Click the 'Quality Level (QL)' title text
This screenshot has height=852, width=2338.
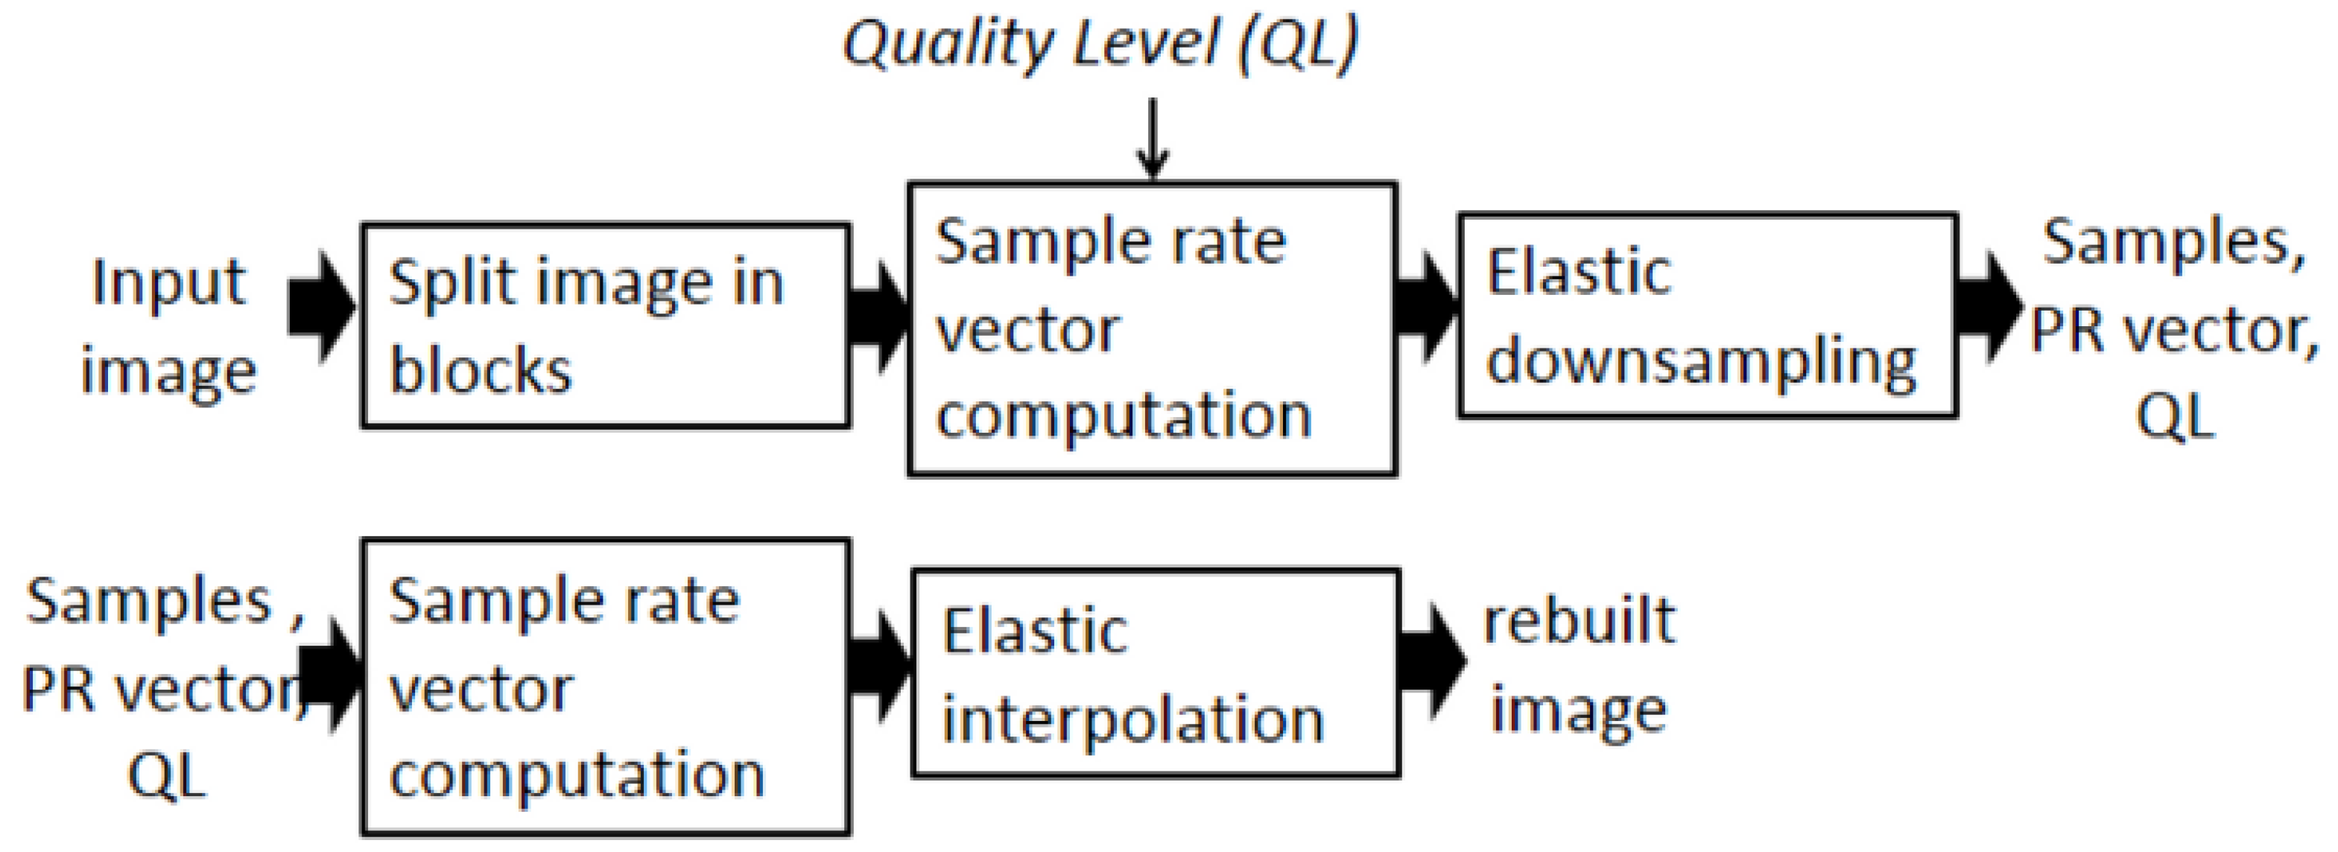[1100, 42]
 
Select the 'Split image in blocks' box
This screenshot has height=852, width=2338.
[606, 325]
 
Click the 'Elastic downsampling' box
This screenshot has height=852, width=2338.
[1707, 316]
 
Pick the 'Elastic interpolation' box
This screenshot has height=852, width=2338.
[1156, 673]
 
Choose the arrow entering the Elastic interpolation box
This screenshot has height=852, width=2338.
[878, 666]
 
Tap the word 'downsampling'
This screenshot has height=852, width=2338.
[1701, 362]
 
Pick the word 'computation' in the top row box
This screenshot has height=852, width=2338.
[1124, 415]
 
